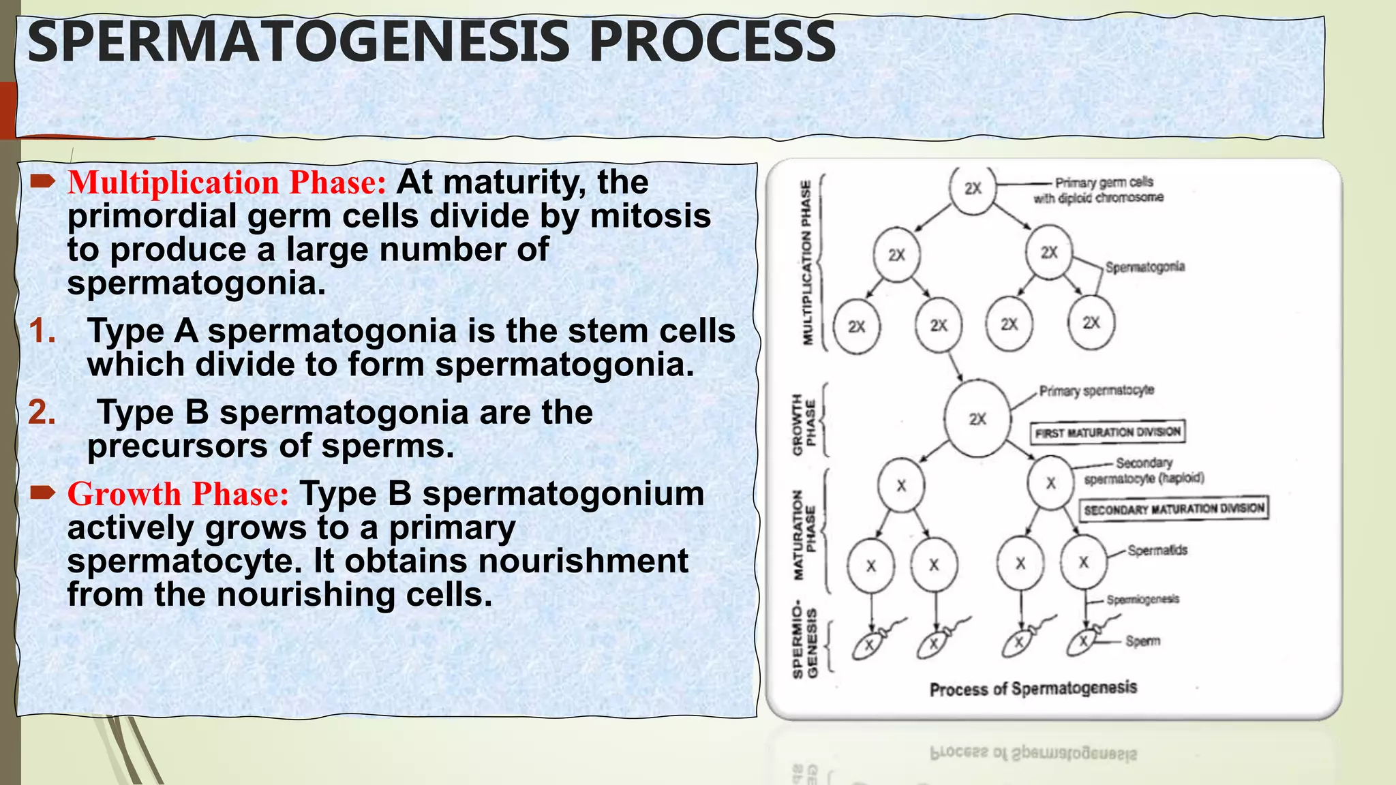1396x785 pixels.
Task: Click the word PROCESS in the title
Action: (x=712, y=42)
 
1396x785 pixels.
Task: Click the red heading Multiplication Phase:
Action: (x=227, y=183)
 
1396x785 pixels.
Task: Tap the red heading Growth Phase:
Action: (x=179, y=494)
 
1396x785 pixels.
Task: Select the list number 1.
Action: (x=42, y=331)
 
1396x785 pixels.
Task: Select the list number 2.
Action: (x=42, y=412)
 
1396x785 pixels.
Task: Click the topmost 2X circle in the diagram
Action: (x=973, y=189)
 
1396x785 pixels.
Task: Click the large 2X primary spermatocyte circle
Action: (x=977, y=419)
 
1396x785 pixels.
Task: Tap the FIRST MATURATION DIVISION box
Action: (x=1108, y=432)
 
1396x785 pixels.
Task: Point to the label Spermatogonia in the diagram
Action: (x=1145, y=267)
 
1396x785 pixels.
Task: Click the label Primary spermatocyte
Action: (x=1096, y=390)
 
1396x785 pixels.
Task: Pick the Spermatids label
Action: (x=1157, y=550)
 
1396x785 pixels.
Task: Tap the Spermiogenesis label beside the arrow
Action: (x=1142, y=600)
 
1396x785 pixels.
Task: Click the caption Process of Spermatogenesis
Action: (x=1033, y=689)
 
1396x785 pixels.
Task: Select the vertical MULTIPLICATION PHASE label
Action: (x=807, y=262)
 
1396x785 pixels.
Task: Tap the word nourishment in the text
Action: (x=583, y=561)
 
